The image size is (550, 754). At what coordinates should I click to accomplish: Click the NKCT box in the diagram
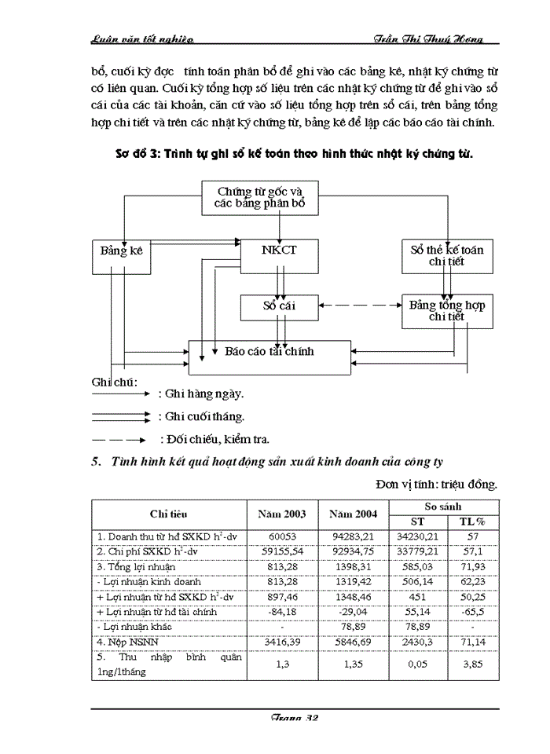[x=279, y=251]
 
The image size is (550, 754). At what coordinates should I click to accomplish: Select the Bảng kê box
[x=119, y=251]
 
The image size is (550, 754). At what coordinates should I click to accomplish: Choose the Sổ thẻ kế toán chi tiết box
[x=447, y=255]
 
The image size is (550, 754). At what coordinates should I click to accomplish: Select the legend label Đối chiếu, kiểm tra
[x=214, y=439]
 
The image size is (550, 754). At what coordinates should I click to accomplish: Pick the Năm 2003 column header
[x=281, y=514]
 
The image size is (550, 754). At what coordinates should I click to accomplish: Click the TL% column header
[x=472, y=522]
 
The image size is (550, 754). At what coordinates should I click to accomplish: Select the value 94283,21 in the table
[x=353, y=536]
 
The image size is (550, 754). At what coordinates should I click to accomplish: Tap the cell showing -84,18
[x=281, y=611]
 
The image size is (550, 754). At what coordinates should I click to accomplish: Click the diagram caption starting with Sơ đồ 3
[x=289, y=156]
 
